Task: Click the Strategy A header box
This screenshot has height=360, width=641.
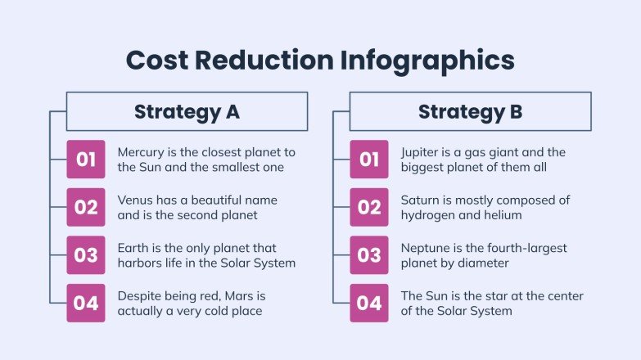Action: click(x=187, y=111)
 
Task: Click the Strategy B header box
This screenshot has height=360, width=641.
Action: click(x=470, y=111)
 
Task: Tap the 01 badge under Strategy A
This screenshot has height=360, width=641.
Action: click(x=86, y=160)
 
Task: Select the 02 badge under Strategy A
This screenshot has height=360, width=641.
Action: click(x=86, y=207)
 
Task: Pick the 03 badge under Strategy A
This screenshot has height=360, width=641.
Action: click(x=86, y=255)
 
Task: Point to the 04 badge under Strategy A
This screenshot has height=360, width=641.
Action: click(x=86, y=303)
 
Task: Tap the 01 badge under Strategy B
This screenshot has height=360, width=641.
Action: click(x=369, y=160)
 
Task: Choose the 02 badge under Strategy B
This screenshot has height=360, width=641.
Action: click(x=369, y=207)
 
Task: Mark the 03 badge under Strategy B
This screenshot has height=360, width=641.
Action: click(x=369, y=255)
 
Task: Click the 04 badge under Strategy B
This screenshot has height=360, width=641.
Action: click(x=369, y=303)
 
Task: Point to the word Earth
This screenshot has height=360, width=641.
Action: click(x=133, y=248)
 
